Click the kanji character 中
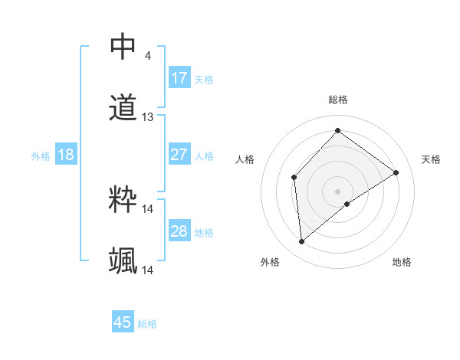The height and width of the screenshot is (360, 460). pyautogui.click(x=123, y=47)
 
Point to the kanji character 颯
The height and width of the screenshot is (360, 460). pyautogui.click(x=123, y=261)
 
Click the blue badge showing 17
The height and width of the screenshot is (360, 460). pyautogui.click(x=179, y=77)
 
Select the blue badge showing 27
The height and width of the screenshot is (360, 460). pyautogui.click(x=179, y=154)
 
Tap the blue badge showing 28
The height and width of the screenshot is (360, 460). pyautogui.click(x=179, y=231)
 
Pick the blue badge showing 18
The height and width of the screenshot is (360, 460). pyautogui.click(x=66, y=155)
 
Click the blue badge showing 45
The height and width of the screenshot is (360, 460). pyautogui.click(x=123, y=322)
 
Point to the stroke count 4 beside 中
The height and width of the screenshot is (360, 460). pyautogui.click(x=147, y=56)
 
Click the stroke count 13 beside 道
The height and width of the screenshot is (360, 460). pyautogui.click(x=148, y=117)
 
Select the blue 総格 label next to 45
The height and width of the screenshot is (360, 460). pyautogui.click(x=147, y=324)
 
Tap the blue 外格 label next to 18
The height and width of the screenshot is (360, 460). pyautogui.click(x=41, y=155)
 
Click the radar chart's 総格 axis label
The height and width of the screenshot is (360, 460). pyautogui.click(x=337, y=100)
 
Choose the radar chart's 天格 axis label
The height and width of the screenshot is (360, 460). pyautogui.click(x=431, y=159)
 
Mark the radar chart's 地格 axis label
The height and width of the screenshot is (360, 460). pyautogui.click(x=402, y=262)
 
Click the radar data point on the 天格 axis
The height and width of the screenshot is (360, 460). pyautogui.click(x=396, y=172)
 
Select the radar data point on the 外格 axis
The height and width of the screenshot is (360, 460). pyautogui.click(x=302, y=242)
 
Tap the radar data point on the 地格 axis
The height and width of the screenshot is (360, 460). pyautogui.click(x=347, y=204)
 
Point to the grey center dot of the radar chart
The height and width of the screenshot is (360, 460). pyautogui.click(x=337, y=190)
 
